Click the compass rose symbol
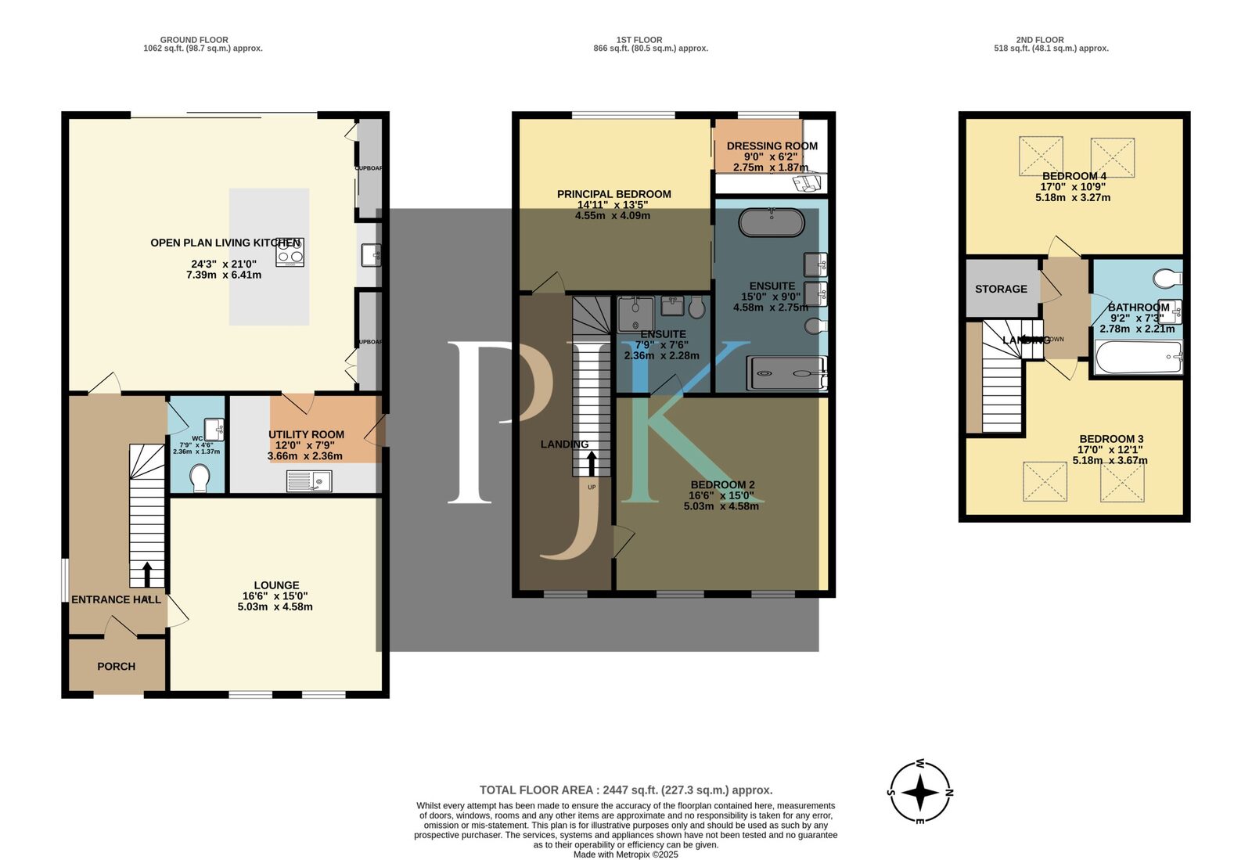[x=920, y=793]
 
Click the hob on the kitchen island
[x=290, y=252]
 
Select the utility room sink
[x=310, y=480]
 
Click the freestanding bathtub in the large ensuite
[x=772, y=223]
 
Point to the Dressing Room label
[x=772, y=146]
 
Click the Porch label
[x=116, y=667]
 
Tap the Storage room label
[x=1001, y=289]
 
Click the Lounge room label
[x=276, y=585]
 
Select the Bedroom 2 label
[x=722, y=485]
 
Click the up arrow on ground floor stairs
[x=146, y=574]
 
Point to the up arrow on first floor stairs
[x=591, y=463]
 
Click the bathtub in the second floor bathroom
[x=1138, y=358]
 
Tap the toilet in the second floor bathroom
[x=1168, y=278]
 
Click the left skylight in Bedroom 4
[x=1041, y=156]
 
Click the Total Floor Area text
[x=626, y=790]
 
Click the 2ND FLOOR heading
[x=1040, y=40]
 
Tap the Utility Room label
[x=306, y=435]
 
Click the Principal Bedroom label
[x=613, y=194]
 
